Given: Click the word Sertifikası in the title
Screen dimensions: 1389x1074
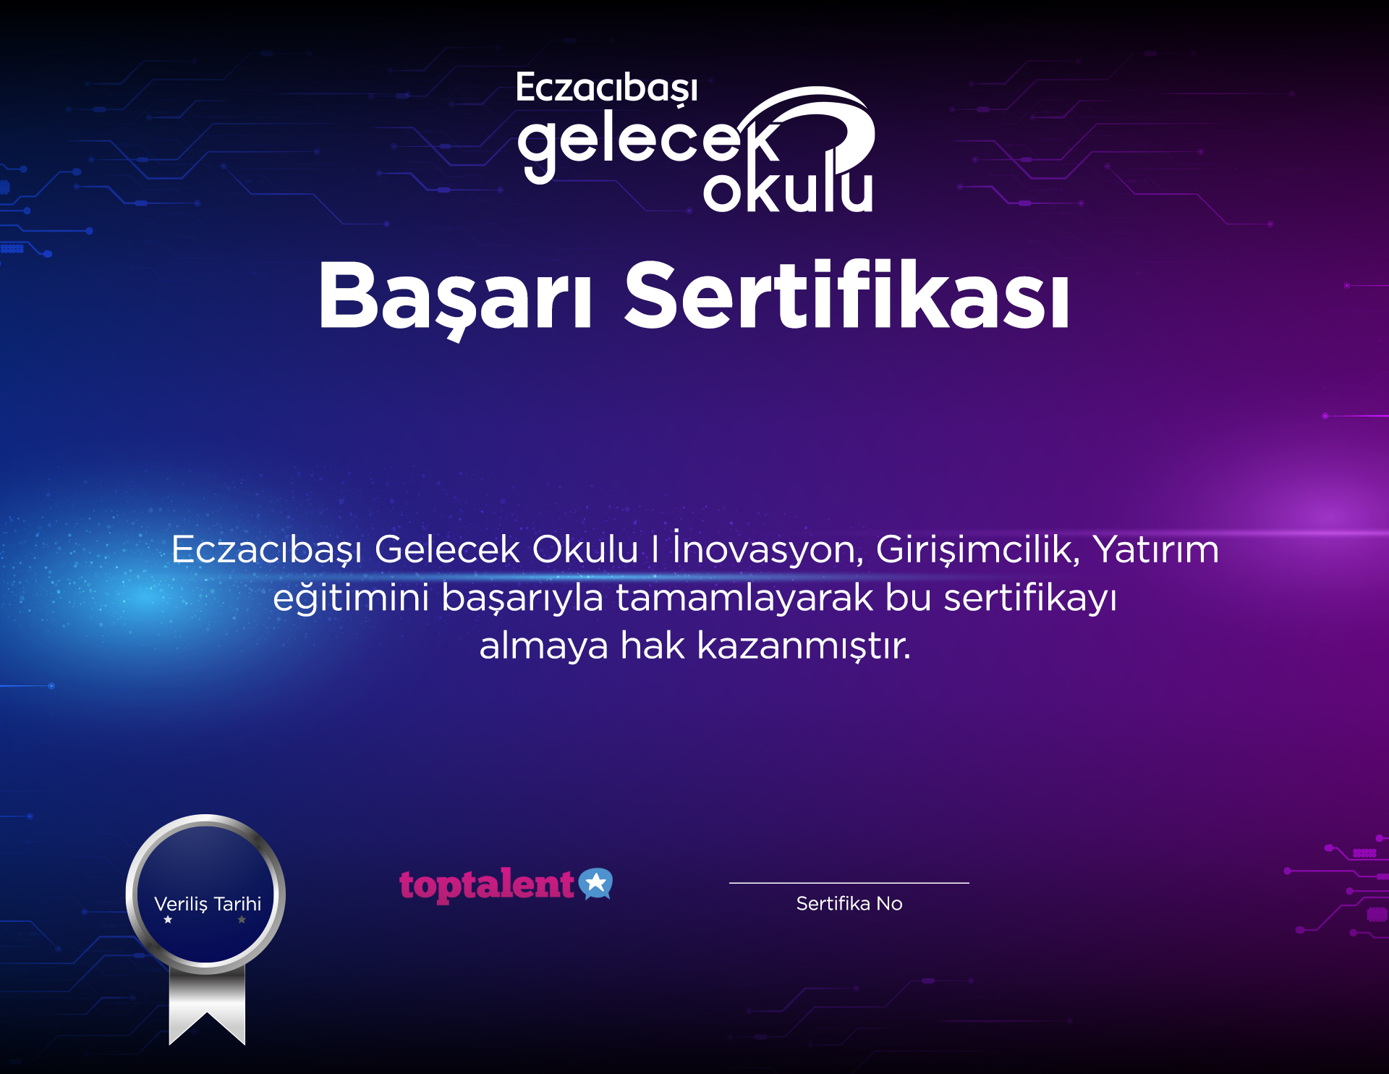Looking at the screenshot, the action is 846,294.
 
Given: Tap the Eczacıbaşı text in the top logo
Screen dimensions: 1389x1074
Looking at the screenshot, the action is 606,89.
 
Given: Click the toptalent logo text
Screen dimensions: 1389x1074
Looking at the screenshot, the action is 486,885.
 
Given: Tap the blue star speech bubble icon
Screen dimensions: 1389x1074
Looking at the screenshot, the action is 595,883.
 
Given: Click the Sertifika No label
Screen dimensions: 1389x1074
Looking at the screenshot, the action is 849,903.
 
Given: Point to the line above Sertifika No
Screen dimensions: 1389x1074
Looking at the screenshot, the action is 849,883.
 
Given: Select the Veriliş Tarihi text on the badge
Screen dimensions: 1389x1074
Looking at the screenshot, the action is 208,904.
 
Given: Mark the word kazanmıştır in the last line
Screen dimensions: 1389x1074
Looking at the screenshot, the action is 804,646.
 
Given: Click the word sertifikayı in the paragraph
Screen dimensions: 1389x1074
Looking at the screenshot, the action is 1030,598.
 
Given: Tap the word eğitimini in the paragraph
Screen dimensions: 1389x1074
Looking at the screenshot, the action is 351,598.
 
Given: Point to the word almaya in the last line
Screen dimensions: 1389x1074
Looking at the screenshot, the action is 544,646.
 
